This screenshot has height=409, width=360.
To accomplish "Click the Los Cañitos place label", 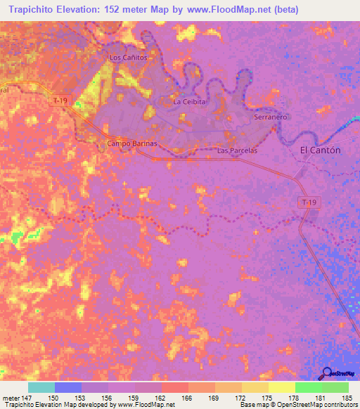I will coord(129,58).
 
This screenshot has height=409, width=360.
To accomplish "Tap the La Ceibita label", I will coord(189,102).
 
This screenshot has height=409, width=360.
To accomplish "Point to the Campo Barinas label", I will coord(131,143).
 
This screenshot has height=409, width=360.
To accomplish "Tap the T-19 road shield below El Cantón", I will coord(307,203).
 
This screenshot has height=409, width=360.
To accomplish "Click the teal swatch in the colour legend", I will coord(41,388).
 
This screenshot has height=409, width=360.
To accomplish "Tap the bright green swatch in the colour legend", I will coord(309,388).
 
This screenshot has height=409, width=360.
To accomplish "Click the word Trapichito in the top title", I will coord(35,10).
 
